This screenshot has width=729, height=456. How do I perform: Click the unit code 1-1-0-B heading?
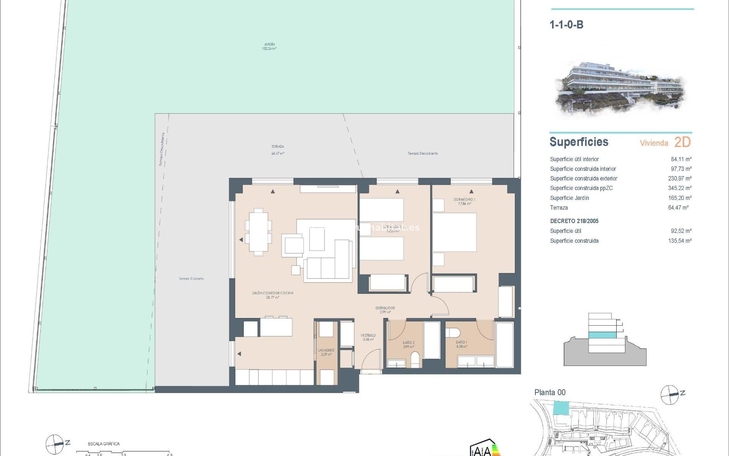[566, 25]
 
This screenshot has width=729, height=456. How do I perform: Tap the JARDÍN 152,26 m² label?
[269, 46]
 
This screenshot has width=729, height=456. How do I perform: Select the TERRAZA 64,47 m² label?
[278, 150]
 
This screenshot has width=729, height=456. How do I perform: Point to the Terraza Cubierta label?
[191, 279]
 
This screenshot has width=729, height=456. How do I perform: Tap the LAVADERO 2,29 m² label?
[326, 352]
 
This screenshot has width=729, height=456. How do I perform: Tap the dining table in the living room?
[258, 232]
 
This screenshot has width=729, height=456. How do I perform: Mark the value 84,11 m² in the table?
[681, 159]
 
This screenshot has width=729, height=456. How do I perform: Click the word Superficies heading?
[579, 142]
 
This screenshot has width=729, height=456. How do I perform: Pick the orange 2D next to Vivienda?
[682, 142]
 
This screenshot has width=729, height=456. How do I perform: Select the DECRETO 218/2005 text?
[574, 221]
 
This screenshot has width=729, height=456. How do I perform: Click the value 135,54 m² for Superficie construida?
[680, 241]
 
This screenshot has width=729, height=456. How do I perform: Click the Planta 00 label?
[550, 393]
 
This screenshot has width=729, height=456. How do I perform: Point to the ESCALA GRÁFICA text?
[104, 443]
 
